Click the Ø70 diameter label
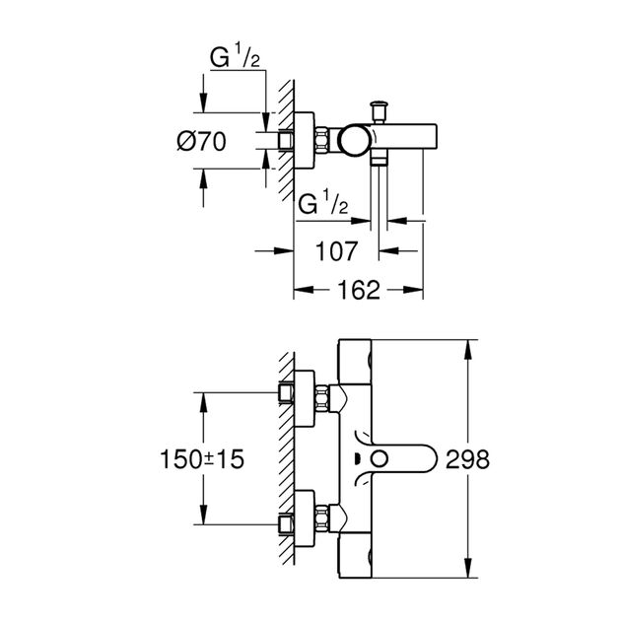(203, 142)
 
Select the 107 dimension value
(336, 251)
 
